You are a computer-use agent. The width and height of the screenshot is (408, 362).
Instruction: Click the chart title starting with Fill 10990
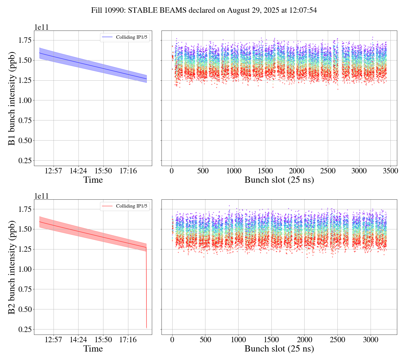pos(204,10)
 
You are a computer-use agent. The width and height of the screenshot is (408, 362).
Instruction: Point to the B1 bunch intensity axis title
pos(12,98)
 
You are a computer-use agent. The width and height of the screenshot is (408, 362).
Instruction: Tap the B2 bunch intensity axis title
pos(12,267)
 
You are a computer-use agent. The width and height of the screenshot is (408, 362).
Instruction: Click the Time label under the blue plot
pos(93,180)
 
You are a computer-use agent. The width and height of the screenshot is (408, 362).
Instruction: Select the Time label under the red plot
pos(93,349)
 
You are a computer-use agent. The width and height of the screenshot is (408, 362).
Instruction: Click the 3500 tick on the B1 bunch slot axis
pos(390,171)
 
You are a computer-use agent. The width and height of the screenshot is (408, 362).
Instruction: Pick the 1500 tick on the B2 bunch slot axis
pos(271,340)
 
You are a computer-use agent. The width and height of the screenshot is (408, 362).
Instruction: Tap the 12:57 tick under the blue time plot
pos(54,171)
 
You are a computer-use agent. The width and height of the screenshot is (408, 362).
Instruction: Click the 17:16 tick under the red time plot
pos(128,340)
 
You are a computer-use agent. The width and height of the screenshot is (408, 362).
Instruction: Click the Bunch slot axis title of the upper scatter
pos(279,180)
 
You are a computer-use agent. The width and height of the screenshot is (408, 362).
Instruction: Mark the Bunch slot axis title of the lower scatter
pos(279,349)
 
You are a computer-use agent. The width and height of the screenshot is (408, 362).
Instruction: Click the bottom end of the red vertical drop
pos(146,327)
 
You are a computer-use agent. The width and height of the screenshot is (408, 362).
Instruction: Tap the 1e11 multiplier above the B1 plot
pos(41,27)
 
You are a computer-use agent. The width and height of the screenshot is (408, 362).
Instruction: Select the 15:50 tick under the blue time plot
pos(103,171)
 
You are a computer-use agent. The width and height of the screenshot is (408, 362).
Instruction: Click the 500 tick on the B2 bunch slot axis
pos(205,340)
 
